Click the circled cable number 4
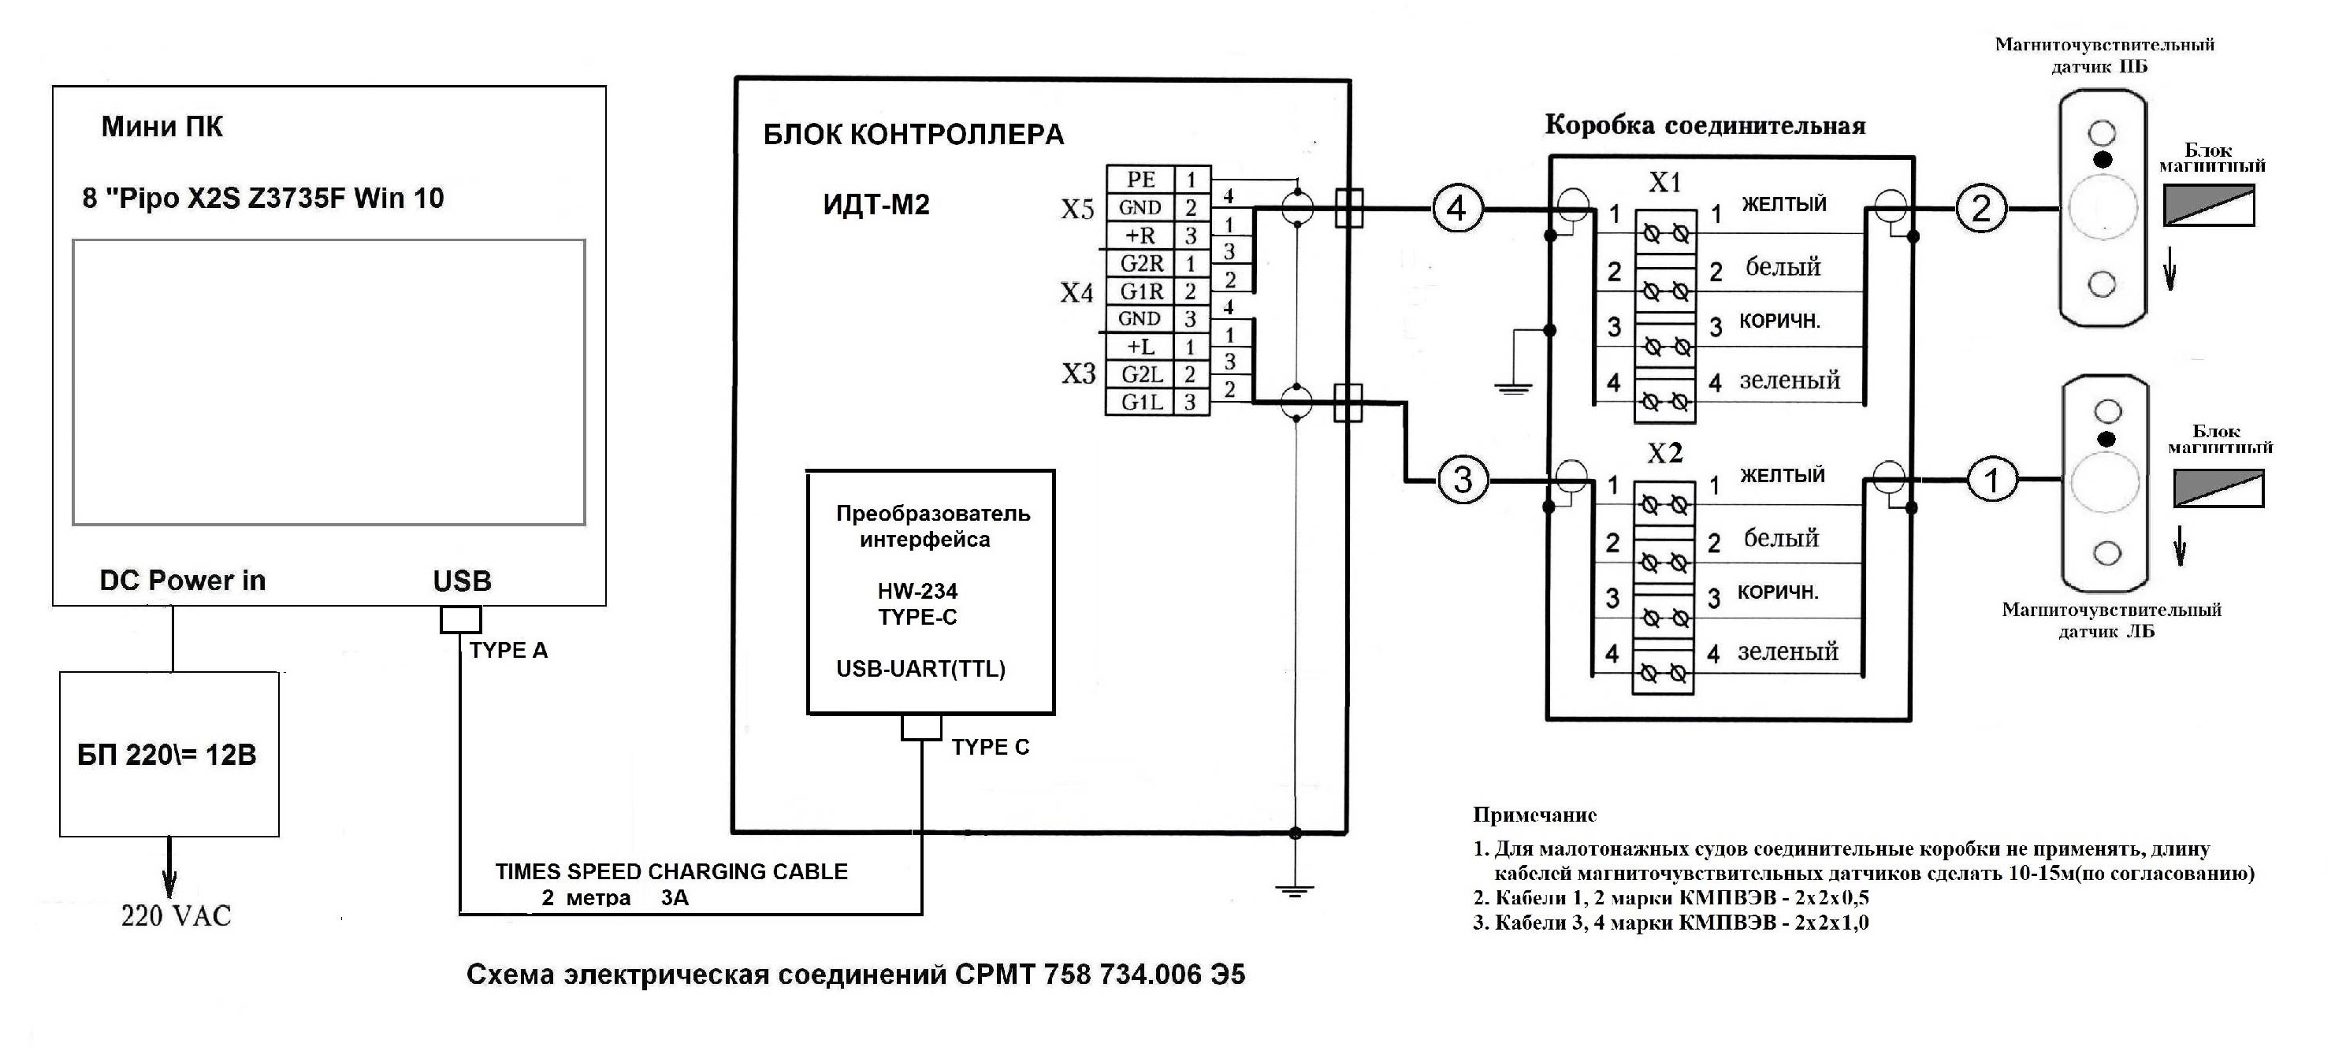click(x=1456, y=209)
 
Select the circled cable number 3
click(x=1463, y=480)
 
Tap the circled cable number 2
click(x=1980, y=209)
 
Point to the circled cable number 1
click(x=1991, y=480)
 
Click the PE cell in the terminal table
click(x=1140, y=179)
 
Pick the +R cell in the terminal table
click(x=1140, y=236)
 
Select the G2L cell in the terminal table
click(x=1140, y=373)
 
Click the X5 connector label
click(x=1078, y=210)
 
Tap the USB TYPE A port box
click(x=460, y=619)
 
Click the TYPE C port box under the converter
click(x=921, y=727)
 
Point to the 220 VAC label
click(x=176, y=915)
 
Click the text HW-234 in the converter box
click(x=917, y=591)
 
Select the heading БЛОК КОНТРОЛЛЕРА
click(x=913, y=134)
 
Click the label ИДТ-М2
click(x=876, y=205)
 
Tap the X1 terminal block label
click(x=1664, y=182)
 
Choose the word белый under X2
click(x=1781, y=537)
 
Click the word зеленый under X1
click(x=1790, y=380)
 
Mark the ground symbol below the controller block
click(x=1295, y=889)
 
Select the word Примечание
click(x=1534, y=814)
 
